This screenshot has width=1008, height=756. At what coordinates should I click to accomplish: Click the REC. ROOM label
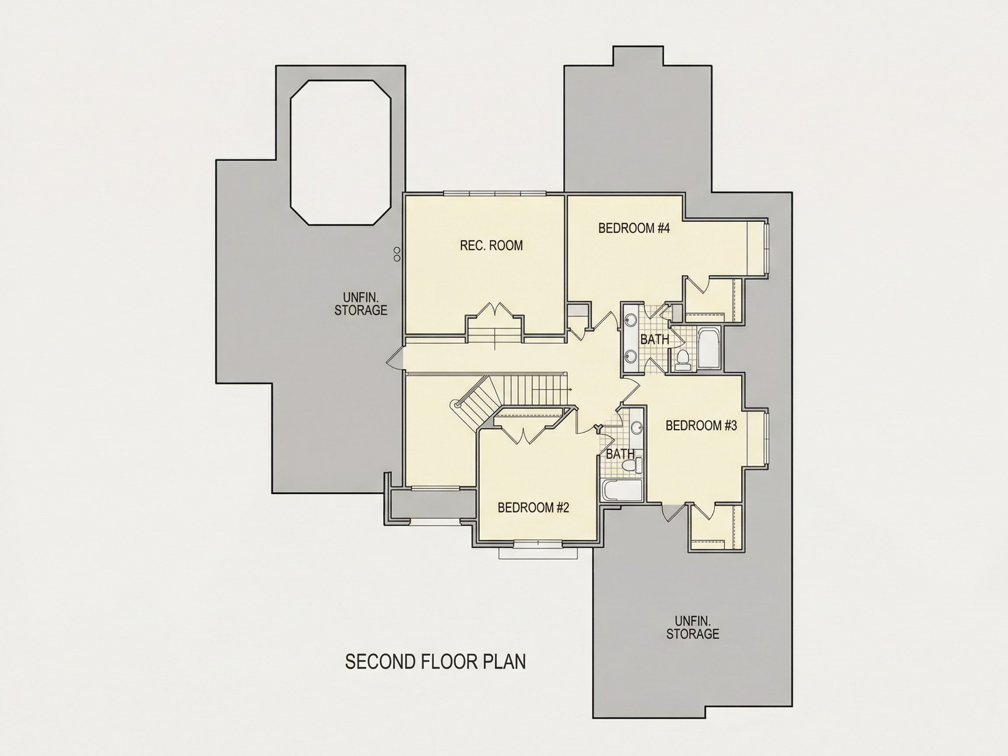click(x=491, y=245)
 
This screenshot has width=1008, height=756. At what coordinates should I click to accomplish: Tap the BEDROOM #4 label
click(x=634, y=228)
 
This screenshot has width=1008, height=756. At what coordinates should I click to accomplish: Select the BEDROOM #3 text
click(x=701, y=426)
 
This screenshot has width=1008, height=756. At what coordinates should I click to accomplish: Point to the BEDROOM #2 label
click(x=533, y=507)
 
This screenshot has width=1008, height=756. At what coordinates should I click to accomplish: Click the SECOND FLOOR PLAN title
click(x=435, y=661)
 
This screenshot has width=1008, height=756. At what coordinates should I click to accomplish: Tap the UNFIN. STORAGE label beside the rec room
click(x=361, y=304)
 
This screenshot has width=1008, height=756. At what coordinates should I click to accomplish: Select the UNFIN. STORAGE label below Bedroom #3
click(x=693, y=627)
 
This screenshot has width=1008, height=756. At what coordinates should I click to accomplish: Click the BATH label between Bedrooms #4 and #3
click(x=655, y=339)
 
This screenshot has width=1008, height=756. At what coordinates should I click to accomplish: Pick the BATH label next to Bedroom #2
click(x=620, y=454)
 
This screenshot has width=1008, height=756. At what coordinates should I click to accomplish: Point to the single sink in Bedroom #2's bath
click(x=637, y=428)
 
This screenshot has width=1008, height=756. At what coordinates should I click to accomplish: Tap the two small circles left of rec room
click(x=397, y=254)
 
